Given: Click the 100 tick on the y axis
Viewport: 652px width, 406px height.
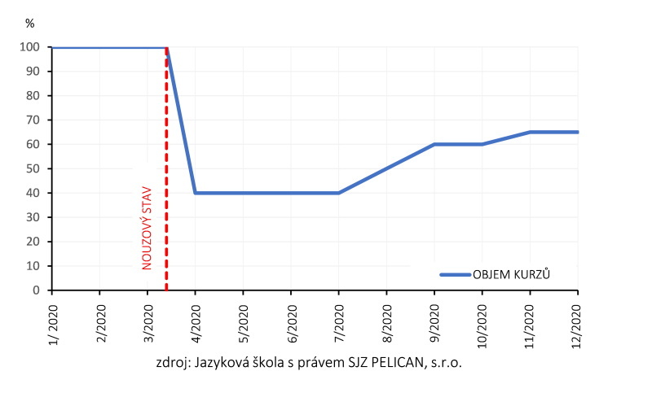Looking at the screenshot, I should pos(30,47).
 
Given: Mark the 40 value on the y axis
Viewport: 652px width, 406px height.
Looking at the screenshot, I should pos(33,193).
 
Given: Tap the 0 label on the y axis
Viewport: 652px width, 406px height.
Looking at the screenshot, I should pos(37,290).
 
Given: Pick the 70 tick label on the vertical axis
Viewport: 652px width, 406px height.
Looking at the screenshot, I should pos(33,120).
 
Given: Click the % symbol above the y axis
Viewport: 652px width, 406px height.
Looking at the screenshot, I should pos(30,24).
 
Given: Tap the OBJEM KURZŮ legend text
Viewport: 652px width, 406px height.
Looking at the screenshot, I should pos(512,275).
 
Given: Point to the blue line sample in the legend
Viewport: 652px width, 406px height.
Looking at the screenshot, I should pos(455,275).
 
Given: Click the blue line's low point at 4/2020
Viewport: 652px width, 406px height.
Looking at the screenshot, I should pos(195,193).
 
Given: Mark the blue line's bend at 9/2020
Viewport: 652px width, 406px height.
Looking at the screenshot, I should pos(434,144).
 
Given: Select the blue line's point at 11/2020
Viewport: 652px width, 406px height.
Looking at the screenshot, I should pos(531,132).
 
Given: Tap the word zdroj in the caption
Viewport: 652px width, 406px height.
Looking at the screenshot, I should pos(171,364).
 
